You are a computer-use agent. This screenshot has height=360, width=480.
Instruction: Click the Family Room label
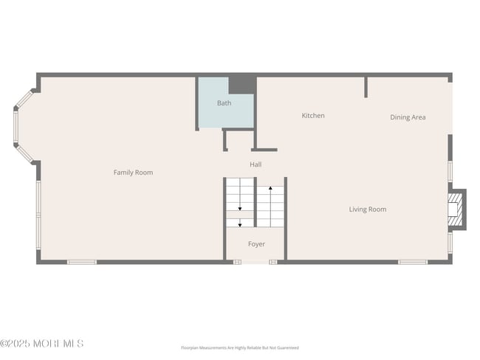pyautogui.click(x=133, y=173)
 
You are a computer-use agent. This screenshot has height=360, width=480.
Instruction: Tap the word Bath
pyautogui.click(x=224, y=103)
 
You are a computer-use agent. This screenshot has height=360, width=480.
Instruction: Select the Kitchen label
pyautogui.click(x=313, y=116)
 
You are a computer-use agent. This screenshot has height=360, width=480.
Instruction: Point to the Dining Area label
pyautogui.click(x=408, y=117)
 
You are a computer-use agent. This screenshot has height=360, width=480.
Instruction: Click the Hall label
pyautogui.click(x=256, y=165)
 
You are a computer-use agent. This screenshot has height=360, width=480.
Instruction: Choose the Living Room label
pyautogui.click(x=368, y=210)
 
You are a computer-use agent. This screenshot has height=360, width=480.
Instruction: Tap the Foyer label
pyautogui.click(x=256, y=244)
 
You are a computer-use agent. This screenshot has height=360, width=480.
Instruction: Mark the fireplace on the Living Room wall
pyautogui.click(x=457, y=210)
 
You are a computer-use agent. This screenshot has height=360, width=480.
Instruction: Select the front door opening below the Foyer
pyautogui.click(x=255, y=262)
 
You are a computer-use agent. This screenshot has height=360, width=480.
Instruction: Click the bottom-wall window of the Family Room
pyautogui.click(x=82, y=262)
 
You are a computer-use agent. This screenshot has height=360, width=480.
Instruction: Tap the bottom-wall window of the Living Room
pyautogui.click(x=413, y=262)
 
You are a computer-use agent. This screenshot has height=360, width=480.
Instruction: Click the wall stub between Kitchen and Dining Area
pyautogui.click(x=366, y=87)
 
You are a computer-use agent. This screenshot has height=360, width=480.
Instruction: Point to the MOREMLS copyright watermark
pyautogui.click(x=42, y=344)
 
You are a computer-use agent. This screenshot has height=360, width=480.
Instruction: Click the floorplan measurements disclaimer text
pyautogui.click(x=240, y=347)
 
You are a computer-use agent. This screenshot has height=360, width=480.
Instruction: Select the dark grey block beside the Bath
pyautogui.click(x=241, y=84)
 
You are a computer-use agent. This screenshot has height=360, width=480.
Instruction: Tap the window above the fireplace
pyautogui.click(x=450, y=171)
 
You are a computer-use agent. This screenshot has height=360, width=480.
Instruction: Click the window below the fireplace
pyautogui.click(x=450, y=243)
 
